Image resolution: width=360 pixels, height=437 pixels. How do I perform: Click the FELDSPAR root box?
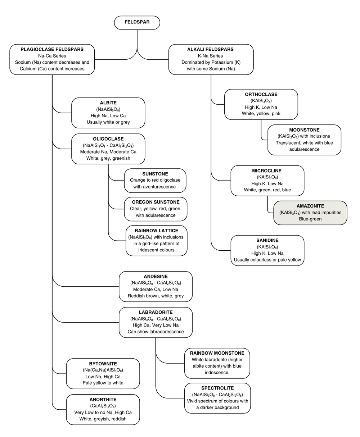click(x=137, y=22)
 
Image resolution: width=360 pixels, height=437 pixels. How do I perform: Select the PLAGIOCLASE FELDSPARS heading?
click(x=52, y=49)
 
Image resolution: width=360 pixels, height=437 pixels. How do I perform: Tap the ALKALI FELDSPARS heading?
click(x=211, y=49)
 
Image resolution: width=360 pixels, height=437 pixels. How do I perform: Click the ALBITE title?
click(x=108, y=103)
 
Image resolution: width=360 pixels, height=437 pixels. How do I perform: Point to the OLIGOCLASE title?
click(x=108, y=139)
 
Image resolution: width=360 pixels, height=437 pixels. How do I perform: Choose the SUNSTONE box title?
click(x=155, y=174)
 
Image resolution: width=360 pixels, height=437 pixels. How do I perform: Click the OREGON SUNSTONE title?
click(x=155, y=202)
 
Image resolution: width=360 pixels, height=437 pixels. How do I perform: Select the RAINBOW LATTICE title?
click(x=156, y=231)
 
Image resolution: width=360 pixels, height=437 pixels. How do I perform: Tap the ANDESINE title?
click(x=156, y=276)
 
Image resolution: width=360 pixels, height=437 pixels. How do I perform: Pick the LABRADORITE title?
click(x=156, y=312)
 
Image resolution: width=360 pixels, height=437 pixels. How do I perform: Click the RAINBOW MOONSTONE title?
click(x=217, y=353)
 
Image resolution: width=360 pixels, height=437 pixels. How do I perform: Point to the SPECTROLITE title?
click(x=217, y=388)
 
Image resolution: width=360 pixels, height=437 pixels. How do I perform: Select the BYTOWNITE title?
click(x=103, y=364)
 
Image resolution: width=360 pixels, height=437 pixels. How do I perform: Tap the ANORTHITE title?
click(x=103, y=400)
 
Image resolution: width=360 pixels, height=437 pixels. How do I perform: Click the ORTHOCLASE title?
click(x=261, y=95)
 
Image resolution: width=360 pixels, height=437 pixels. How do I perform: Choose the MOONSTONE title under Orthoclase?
click(x=304, y=130)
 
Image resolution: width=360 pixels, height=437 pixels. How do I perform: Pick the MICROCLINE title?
click(x=267, y=171)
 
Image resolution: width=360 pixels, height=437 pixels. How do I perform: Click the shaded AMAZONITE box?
click(x=310, y=213)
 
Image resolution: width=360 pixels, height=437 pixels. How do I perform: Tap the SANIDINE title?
click(x=267, y=240)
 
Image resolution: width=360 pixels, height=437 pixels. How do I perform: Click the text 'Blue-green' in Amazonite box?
click(x=310, y=219)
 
